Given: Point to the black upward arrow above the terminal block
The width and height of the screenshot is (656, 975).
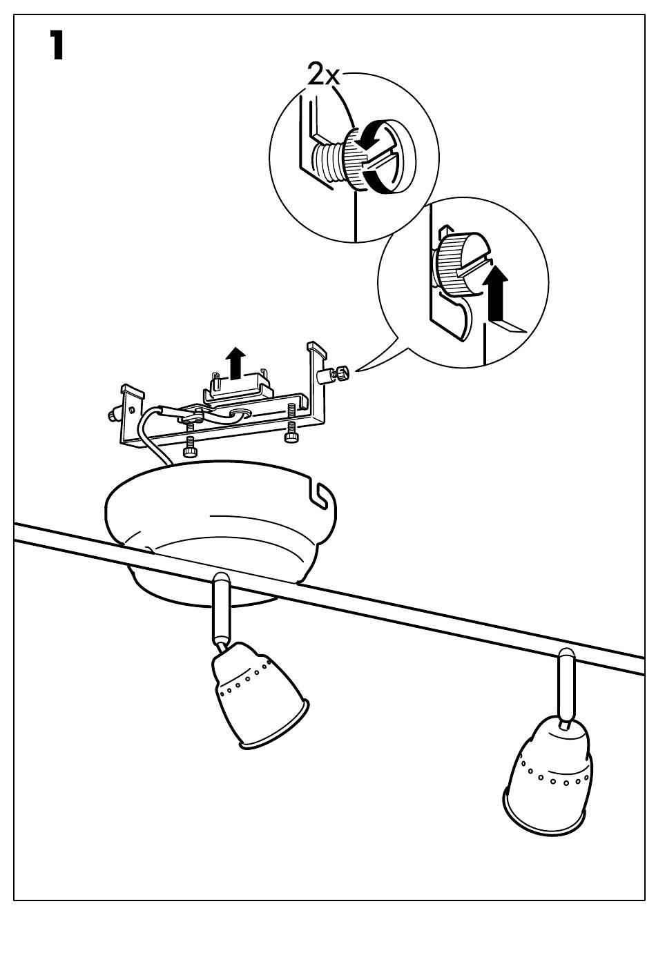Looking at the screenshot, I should pyautogui.click(x=236, y=363).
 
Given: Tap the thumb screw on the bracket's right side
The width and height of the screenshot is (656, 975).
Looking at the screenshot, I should pyautogui.click(x=334, y=376).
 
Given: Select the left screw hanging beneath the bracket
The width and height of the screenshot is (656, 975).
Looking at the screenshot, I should pyautogui.click(x=190, y=445).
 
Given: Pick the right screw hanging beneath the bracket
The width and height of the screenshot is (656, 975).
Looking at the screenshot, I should pyautogui.click(x=291, y=431).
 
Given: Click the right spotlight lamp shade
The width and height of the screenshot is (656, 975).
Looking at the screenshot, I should pyautogui.click(x=549, y=773).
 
